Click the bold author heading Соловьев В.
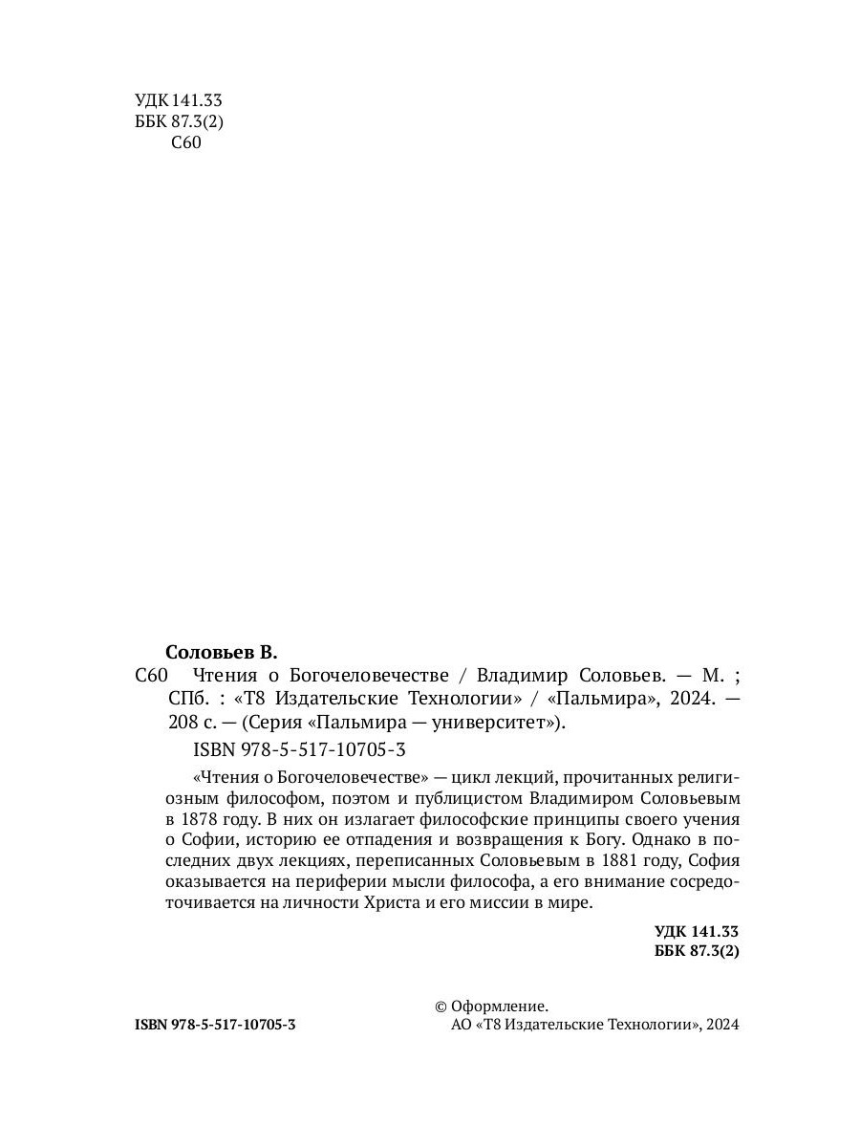coord(221,653)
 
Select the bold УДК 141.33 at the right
coord(697,931)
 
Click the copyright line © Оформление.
coord(491,1006)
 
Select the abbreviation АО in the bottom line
coord(459,1025)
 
